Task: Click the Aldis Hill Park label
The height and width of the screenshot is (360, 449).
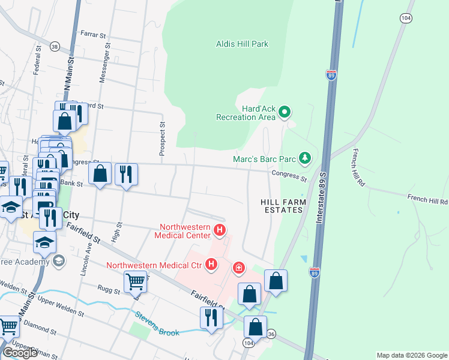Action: point(242,44)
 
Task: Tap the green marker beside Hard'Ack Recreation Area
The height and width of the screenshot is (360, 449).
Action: point(285,112)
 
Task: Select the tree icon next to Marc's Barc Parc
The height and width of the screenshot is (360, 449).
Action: point(306,158)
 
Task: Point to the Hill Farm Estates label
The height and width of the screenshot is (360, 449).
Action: point(283,206)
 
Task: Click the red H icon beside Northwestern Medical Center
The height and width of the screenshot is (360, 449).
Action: point(220,230)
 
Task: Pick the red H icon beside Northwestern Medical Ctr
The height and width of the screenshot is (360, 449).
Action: point(211,264)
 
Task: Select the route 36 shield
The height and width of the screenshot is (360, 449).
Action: point(271,334)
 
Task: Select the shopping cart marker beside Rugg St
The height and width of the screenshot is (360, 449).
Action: point(135,280)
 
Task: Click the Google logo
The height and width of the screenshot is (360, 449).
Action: point(20,353)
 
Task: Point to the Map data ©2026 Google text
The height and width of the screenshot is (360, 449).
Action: point(412,355)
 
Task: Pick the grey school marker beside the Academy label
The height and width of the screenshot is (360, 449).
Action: point(58,260)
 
